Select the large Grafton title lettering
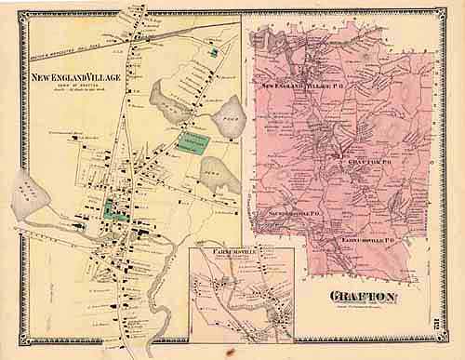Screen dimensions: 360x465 pyautogui.click(x=364, y=298)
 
